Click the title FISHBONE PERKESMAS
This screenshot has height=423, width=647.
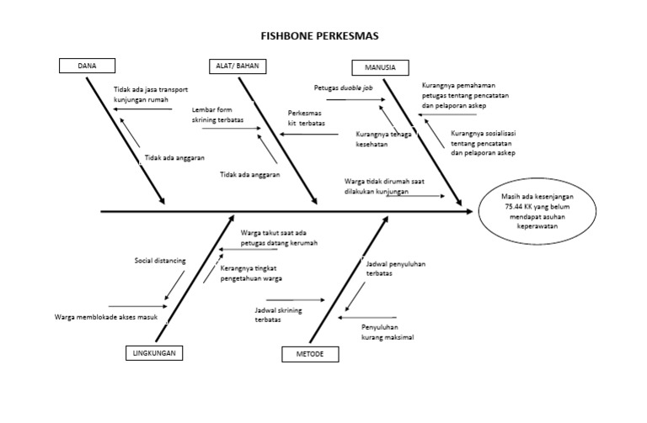click(319, 36)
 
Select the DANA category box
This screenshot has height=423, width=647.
click(87, 66)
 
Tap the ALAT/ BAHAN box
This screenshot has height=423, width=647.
click(235, 66)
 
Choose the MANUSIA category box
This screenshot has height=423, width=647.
click(379, 67)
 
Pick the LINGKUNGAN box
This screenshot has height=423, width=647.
click(154, 353)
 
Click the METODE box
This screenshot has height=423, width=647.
click(310, 354)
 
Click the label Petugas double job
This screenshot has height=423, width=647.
click(343, 87)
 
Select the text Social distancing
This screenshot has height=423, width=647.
click(160, 261)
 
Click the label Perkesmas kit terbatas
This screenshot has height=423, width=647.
click(307, 118)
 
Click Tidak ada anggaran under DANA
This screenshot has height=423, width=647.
click(174, 157)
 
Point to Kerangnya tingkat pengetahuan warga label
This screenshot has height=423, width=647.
click(251, 273)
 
